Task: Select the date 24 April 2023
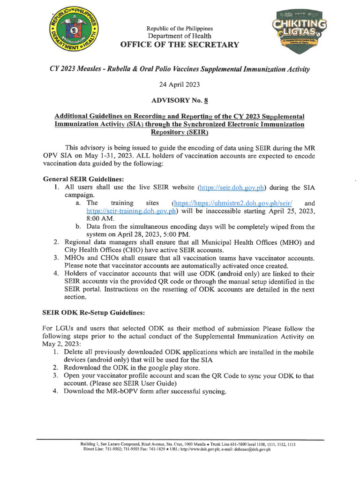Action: (180, 85)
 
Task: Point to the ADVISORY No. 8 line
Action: (180, 100)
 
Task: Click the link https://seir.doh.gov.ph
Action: (232, 187)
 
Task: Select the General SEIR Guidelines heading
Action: (83, 179)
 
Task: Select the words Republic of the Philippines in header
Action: (180, 29)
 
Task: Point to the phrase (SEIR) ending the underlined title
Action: (180, 132)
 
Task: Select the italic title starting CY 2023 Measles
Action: (180, 69)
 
